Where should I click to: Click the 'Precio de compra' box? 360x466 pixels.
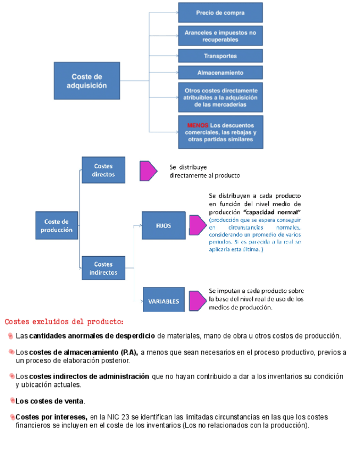tap(220, 13)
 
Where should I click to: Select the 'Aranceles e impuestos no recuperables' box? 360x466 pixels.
tap(220, 36)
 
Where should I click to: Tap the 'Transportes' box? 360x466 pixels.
tap(220, 56)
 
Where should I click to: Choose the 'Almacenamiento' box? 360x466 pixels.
tap(220, 73)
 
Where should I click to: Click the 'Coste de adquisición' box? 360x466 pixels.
tap(86, 81)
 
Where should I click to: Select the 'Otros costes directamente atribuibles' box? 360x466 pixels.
tap(220, 97)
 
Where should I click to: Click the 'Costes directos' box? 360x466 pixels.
tap(103, 170)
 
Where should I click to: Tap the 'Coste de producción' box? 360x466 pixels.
tap(57, 225)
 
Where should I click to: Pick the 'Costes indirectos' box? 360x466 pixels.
tap(103, 268)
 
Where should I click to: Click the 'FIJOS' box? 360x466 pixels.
tap(163, 225)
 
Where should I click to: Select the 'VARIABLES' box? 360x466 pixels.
tap(163, 301)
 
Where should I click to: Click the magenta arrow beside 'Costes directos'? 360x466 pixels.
tap(148, 171)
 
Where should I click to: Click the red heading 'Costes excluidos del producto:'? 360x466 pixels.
tap(64, 321)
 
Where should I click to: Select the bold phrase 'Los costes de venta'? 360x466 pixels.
tap(50, 401)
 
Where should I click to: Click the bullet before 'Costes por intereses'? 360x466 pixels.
tap(12, 417)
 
